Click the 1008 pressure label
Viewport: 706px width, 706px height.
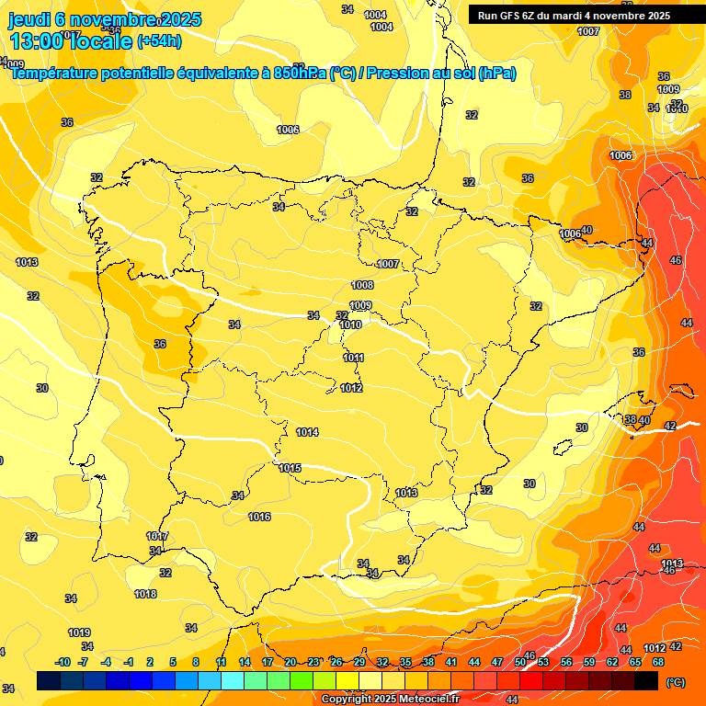[362, 286]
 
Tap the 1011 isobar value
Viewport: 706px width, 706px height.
[354, 358]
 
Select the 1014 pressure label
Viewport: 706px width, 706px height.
[307, 432]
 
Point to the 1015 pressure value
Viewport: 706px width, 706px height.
[290, 468]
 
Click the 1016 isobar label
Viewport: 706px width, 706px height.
[259, 518]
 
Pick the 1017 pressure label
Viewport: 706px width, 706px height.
[157, 536]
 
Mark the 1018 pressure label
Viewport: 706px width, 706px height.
[145, 594]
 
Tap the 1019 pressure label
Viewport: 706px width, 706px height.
[79, 632]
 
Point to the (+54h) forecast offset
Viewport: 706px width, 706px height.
[159, 41]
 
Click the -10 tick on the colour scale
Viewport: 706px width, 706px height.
[63, 662]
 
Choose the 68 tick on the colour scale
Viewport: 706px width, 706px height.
[658, 662]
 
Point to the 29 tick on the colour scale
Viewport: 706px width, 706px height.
[359, 662]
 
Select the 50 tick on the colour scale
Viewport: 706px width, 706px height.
[520, 662]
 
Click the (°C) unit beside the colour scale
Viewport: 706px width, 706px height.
[675, 682]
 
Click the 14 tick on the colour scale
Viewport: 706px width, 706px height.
[245, 662]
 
